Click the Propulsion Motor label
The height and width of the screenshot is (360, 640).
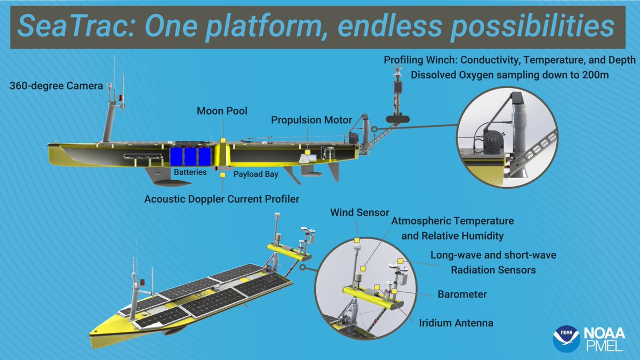(x=311, y=119)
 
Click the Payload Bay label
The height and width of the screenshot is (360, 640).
(x=256, y=174)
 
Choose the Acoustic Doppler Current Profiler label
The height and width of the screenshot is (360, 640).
(x=222, y=199)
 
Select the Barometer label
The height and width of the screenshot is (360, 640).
(x=462, y=294)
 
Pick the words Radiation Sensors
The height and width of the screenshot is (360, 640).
(x=493, y=270)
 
